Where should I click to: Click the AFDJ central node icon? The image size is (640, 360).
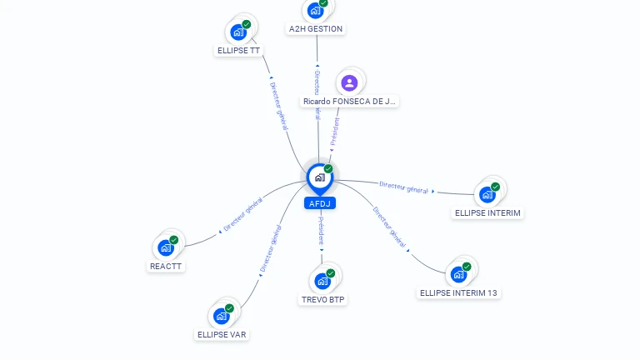(x=319, y=177)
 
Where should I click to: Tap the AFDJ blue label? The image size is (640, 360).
(x=320, y=203)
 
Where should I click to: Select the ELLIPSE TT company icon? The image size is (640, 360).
(x=238, y=33)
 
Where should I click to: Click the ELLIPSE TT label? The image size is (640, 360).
(x=238, y=50)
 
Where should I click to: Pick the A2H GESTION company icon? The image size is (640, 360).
(x=315, y=11)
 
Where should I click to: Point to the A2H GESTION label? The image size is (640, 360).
(x=315, y=28)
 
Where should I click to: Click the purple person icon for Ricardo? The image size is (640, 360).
(x=349, y=82)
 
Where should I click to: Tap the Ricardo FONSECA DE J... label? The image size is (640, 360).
(x=350, y=101)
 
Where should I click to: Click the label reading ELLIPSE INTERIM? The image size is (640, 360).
(x=487, y=212)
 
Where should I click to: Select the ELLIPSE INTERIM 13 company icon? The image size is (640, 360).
(x=458, y=275)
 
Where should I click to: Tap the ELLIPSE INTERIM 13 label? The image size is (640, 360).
(x=459, y=292)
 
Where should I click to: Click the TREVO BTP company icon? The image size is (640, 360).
(x=322, y=282)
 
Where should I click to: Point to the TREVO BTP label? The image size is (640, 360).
(x=322, y=299)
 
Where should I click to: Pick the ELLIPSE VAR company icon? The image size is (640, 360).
(x=221, y=317)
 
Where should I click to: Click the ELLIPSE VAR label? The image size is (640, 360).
(x=222, y=334)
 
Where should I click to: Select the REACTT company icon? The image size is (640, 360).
(x=166, y=248)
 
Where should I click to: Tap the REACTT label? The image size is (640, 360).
(x=166, y=266)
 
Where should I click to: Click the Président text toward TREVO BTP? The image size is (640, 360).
(x=321, y=231)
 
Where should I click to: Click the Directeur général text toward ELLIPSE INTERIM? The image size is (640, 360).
(x=403, y=187)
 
